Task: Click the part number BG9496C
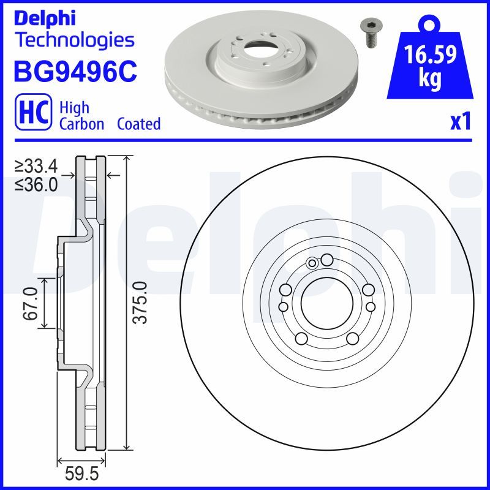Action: (75, 71)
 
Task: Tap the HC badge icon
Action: (34, 112)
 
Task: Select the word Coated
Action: (139, 124)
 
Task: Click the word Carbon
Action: (81, 124)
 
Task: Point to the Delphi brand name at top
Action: (45, 18)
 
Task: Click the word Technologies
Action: (75, 40)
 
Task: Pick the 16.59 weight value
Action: (431, 54)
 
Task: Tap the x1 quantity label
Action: (461, 121)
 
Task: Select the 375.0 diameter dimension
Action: (140, 302)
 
